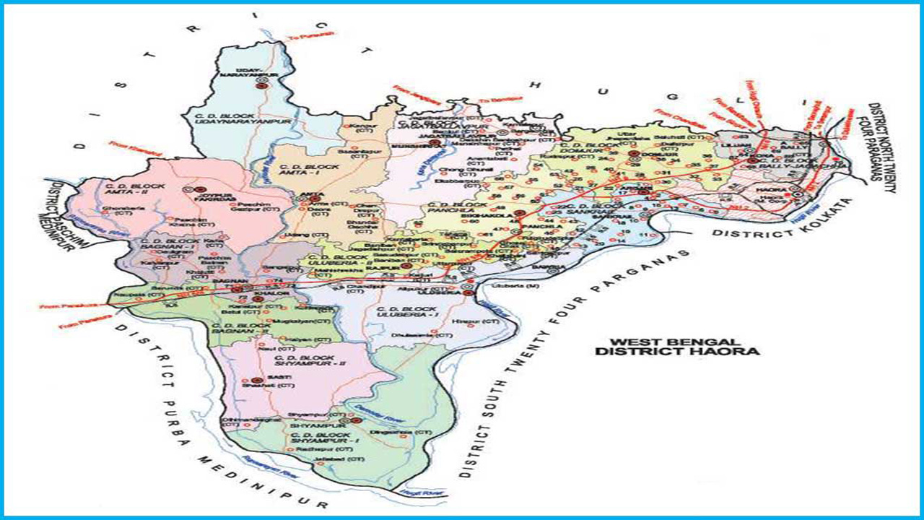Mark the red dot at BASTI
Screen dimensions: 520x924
pyautogui.click(x=256, y=380)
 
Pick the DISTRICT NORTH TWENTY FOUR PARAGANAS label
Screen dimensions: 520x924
pyautogui.click(x=882, y=148)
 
